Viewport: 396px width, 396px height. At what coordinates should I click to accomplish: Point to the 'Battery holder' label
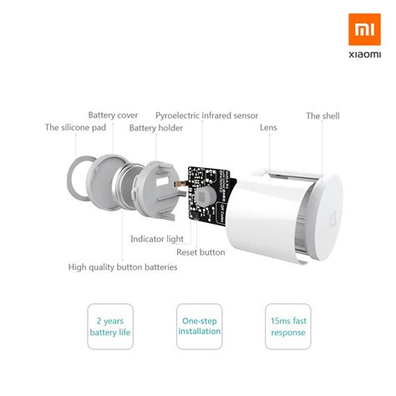(156, 128)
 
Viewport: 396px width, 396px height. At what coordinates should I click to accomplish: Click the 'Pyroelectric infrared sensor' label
(206, 115)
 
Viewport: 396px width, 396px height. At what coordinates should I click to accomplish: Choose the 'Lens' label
(268, 128)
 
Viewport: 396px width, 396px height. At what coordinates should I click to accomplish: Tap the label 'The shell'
(322, 116)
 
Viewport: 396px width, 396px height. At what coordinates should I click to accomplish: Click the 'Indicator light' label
(156, 239)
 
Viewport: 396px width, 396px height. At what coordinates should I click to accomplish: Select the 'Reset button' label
(201, 251)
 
